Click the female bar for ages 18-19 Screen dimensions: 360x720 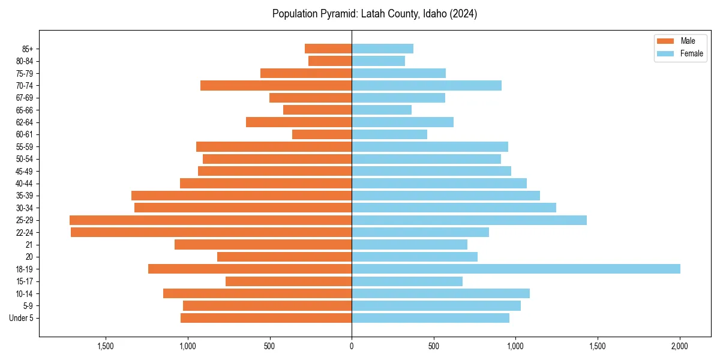point(516,269)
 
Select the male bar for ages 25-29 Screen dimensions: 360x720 point(211,220)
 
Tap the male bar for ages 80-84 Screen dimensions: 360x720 point(330,61)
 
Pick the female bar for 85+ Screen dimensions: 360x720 point(382,49)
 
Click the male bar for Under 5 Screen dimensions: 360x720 point(266,318)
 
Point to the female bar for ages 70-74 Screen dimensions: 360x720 point(427,85)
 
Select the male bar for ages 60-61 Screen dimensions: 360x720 point(322,134)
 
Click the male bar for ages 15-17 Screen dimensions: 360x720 point(289,281)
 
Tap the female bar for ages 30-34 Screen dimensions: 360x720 point(454,208)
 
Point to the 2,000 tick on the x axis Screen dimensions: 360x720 point(679,346)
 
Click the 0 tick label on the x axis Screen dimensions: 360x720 point(352,346)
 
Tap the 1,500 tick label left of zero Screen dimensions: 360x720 point(105,346)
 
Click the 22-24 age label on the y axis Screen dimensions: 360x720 point(25,232)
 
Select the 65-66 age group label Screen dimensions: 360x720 point(25,110)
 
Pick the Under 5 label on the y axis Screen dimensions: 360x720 point(22,318)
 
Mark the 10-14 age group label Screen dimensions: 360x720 point(25,293)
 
